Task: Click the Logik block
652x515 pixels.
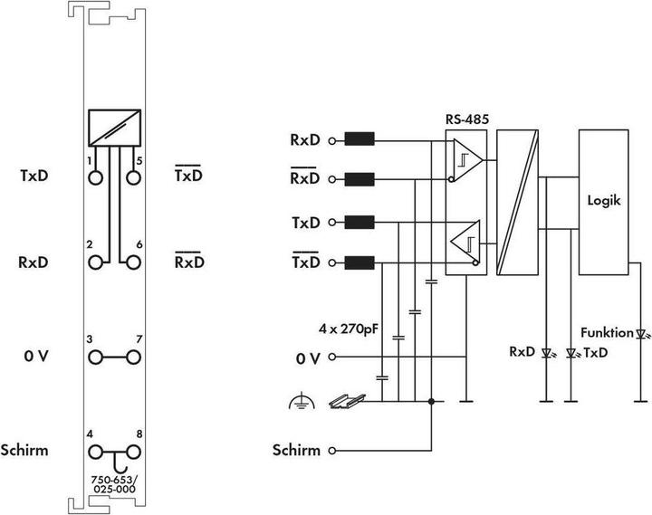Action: [x=602, y=202]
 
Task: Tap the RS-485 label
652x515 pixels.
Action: [x=465, y=118]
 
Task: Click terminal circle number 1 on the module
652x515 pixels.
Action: [x=95, y=177]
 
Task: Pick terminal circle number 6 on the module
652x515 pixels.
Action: [x=134, y=262]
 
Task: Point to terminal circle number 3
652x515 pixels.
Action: [x=95, y=358]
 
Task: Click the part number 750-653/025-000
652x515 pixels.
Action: [x=114, y=483]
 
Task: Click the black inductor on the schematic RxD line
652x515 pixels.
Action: [x=360, y=140]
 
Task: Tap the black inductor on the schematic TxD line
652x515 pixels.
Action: [x=360, y=222]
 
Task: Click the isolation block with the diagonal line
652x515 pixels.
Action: [x=517, y=202]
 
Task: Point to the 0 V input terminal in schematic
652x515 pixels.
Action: [x=333, y=358]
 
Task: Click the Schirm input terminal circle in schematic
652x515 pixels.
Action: [x=333, y=450]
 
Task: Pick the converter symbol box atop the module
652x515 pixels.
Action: [x=115, y=128]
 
